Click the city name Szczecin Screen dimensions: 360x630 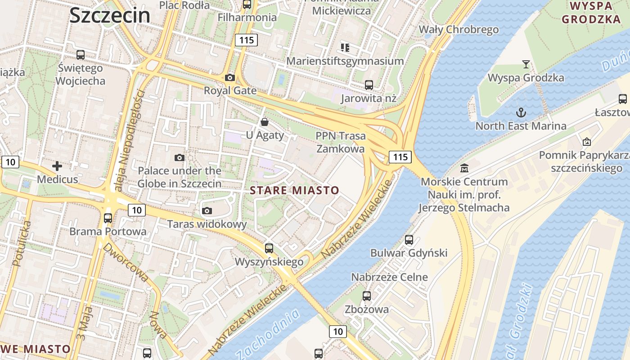[109, 15]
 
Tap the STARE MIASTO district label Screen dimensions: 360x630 [294, 190]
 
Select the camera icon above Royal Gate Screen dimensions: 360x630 [230, 77]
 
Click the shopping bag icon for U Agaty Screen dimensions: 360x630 [265, 122]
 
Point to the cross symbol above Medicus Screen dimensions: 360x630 [57, 166]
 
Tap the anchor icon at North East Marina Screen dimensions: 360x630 [521, 112]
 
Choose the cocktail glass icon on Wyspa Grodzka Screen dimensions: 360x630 [526, 64]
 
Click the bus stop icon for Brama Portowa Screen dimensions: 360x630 [108, 218]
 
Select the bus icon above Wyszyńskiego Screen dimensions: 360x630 [269, 248]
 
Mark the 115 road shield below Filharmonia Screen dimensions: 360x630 [246, 40]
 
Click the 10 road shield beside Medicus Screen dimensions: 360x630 [10, 162]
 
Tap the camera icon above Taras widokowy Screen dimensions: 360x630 [207, 211]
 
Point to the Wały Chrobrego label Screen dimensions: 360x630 [459, 30]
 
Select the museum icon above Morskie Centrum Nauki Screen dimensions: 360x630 [464, 168]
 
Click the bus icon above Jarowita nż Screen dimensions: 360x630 [369, 85]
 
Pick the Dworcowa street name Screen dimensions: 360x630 [126, 262]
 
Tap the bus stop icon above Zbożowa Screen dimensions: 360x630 [367, 296]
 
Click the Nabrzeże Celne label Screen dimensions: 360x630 [389, 277]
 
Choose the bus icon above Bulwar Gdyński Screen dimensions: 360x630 [409, 240]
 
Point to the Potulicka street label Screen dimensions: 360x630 [22, 243]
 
